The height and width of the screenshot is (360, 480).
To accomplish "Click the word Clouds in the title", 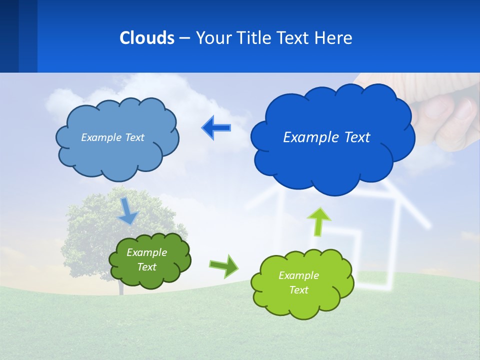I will click(147, 37).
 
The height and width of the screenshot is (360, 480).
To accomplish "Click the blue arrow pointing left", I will click(216, 128).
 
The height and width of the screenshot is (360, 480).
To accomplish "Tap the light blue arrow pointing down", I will click(128, 211).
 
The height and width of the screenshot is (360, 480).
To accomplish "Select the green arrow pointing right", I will click(224, 266).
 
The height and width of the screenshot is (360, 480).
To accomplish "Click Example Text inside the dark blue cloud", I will click(326, 137).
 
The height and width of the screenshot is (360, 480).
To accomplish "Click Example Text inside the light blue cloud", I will click(112, 137).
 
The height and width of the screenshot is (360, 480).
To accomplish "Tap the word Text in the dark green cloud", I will click(146, 267).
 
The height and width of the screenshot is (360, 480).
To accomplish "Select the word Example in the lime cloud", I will click(298, 275).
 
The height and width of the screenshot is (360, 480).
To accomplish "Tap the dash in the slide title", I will click(184, 38).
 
